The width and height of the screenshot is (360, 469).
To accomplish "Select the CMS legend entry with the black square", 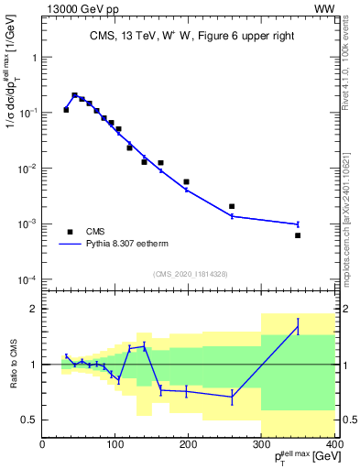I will (95, 232).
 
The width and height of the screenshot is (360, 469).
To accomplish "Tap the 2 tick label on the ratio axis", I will (32, 309).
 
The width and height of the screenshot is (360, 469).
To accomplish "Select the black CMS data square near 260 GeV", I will (232, 207).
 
